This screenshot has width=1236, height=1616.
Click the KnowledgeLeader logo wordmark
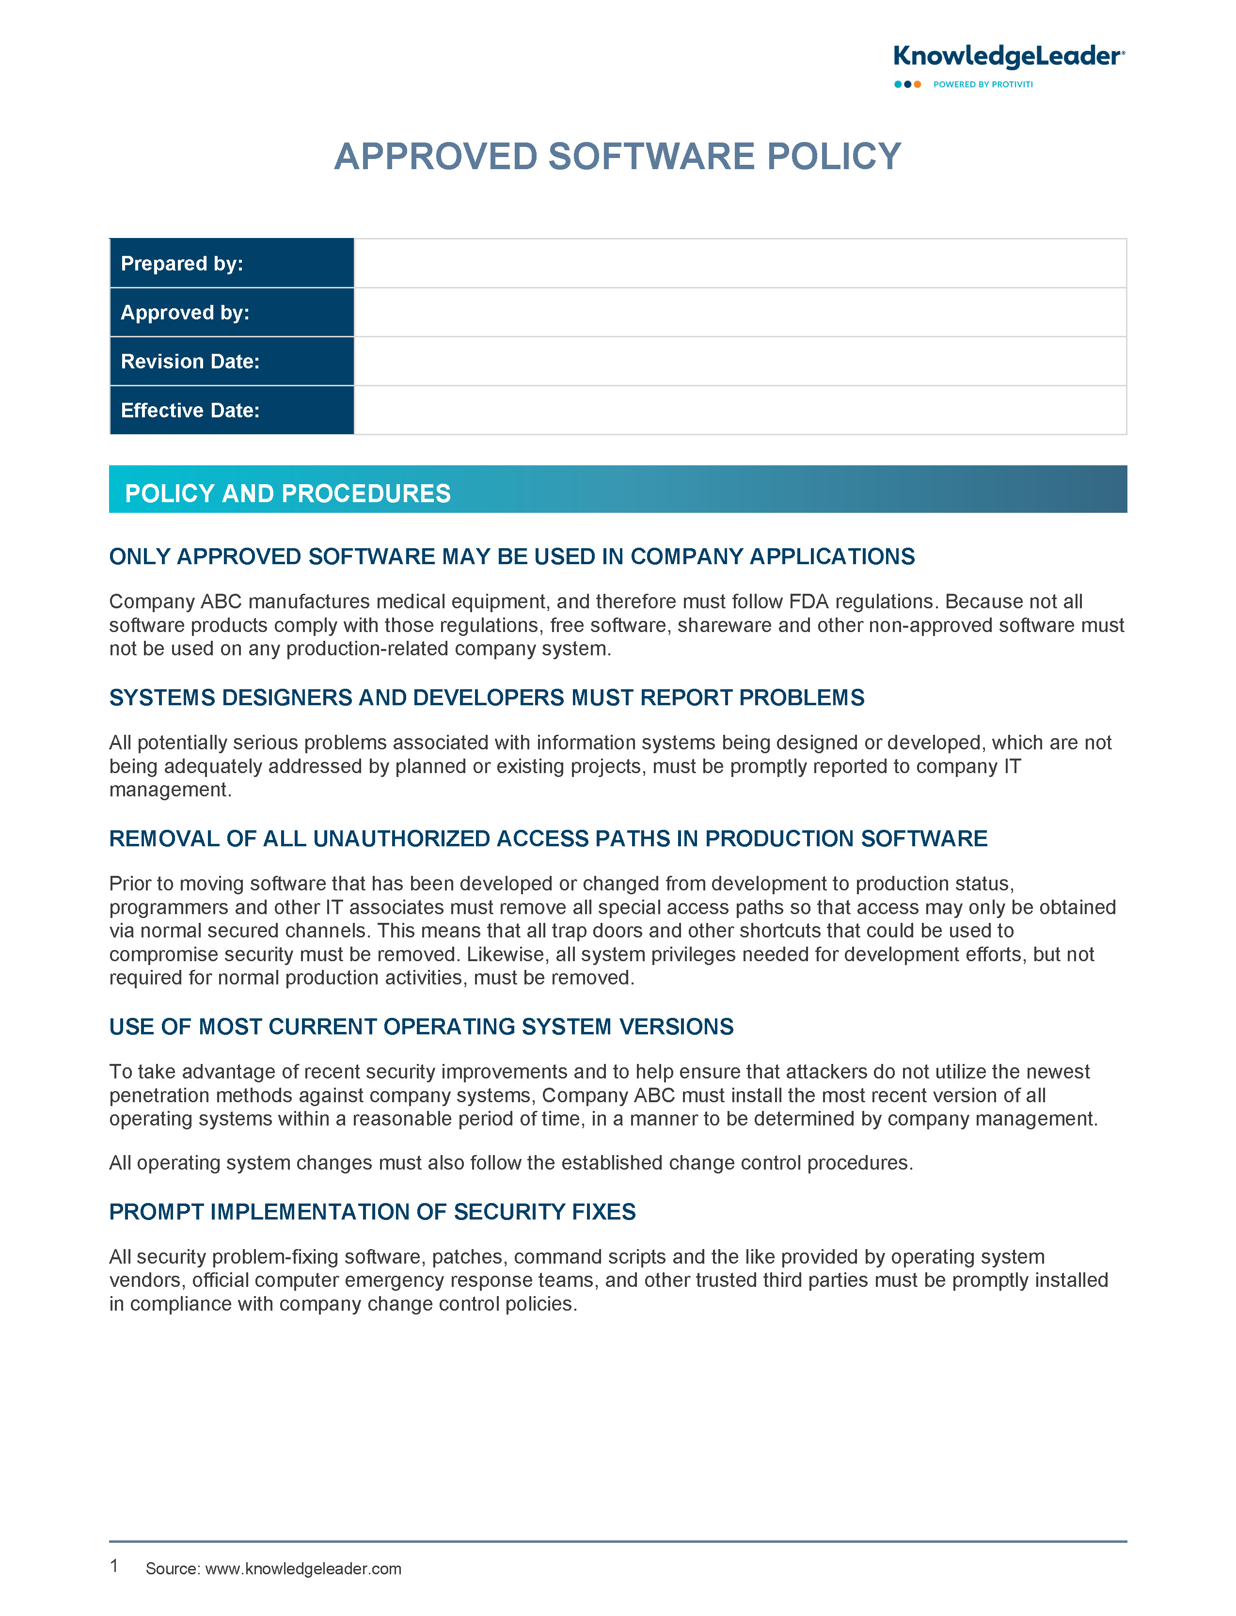(1007, 57)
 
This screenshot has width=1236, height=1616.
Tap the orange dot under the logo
(918, 85)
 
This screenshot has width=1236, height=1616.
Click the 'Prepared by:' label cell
(232, 263)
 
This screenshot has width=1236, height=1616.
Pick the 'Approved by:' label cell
(232, 313)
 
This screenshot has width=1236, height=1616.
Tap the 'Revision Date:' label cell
(232, 361)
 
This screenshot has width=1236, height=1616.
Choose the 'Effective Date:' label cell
(232, 411)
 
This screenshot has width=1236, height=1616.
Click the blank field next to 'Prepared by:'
(739, 263)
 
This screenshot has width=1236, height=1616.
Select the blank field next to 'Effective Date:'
(739, 411)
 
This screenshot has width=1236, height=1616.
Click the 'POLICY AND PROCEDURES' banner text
(287, 493)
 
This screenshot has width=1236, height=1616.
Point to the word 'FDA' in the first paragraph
(808, 602)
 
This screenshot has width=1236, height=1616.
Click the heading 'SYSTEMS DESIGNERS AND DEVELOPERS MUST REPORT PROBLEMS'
(486, 697)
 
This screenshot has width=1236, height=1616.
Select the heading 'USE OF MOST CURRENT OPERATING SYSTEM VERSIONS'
(421, 1027)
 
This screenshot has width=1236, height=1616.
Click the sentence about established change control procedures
(510, 1163)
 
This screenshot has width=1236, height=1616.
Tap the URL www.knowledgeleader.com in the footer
(303, 1569)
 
